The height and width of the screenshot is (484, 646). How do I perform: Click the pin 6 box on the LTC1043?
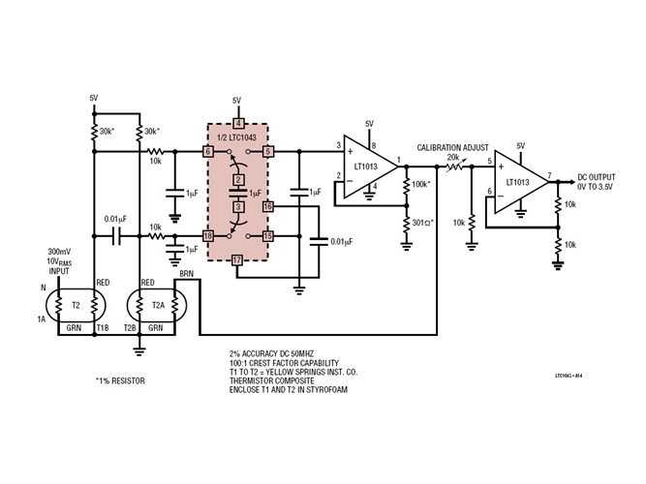(x=207, y=152)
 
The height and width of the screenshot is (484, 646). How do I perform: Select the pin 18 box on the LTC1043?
(x=207, y=235)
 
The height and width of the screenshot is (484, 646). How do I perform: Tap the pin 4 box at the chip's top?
(x=237, y=122)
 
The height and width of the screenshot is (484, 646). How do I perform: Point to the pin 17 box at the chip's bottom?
(x=237, y=259)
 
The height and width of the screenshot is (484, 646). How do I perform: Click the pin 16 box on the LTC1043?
(x=267, y=206)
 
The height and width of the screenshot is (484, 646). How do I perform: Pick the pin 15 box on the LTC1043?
(x=267, y=235)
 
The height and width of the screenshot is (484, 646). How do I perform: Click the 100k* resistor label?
(x=422, y=183)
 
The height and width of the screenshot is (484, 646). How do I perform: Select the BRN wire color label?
(x=187, y=275)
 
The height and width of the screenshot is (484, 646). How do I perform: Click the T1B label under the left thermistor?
(x=102, y=329)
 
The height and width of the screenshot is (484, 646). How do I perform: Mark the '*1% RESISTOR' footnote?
(x=121, y=381)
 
